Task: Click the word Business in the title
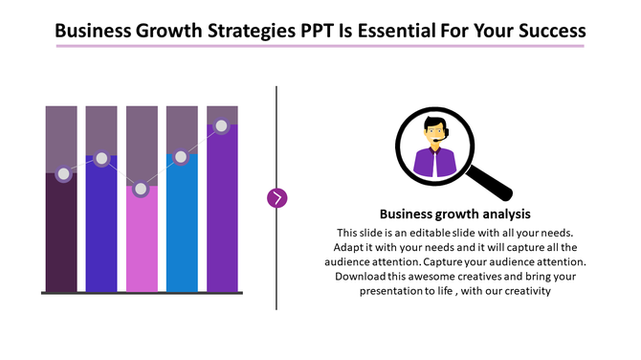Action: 93,31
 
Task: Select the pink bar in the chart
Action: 142,244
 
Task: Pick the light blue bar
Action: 182,230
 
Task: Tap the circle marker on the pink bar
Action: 142,190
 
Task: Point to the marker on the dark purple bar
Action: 64,174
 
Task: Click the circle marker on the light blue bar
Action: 181,157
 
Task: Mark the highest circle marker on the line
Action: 222,125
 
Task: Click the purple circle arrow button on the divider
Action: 277,198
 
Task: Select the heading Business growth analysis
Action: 454,214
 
